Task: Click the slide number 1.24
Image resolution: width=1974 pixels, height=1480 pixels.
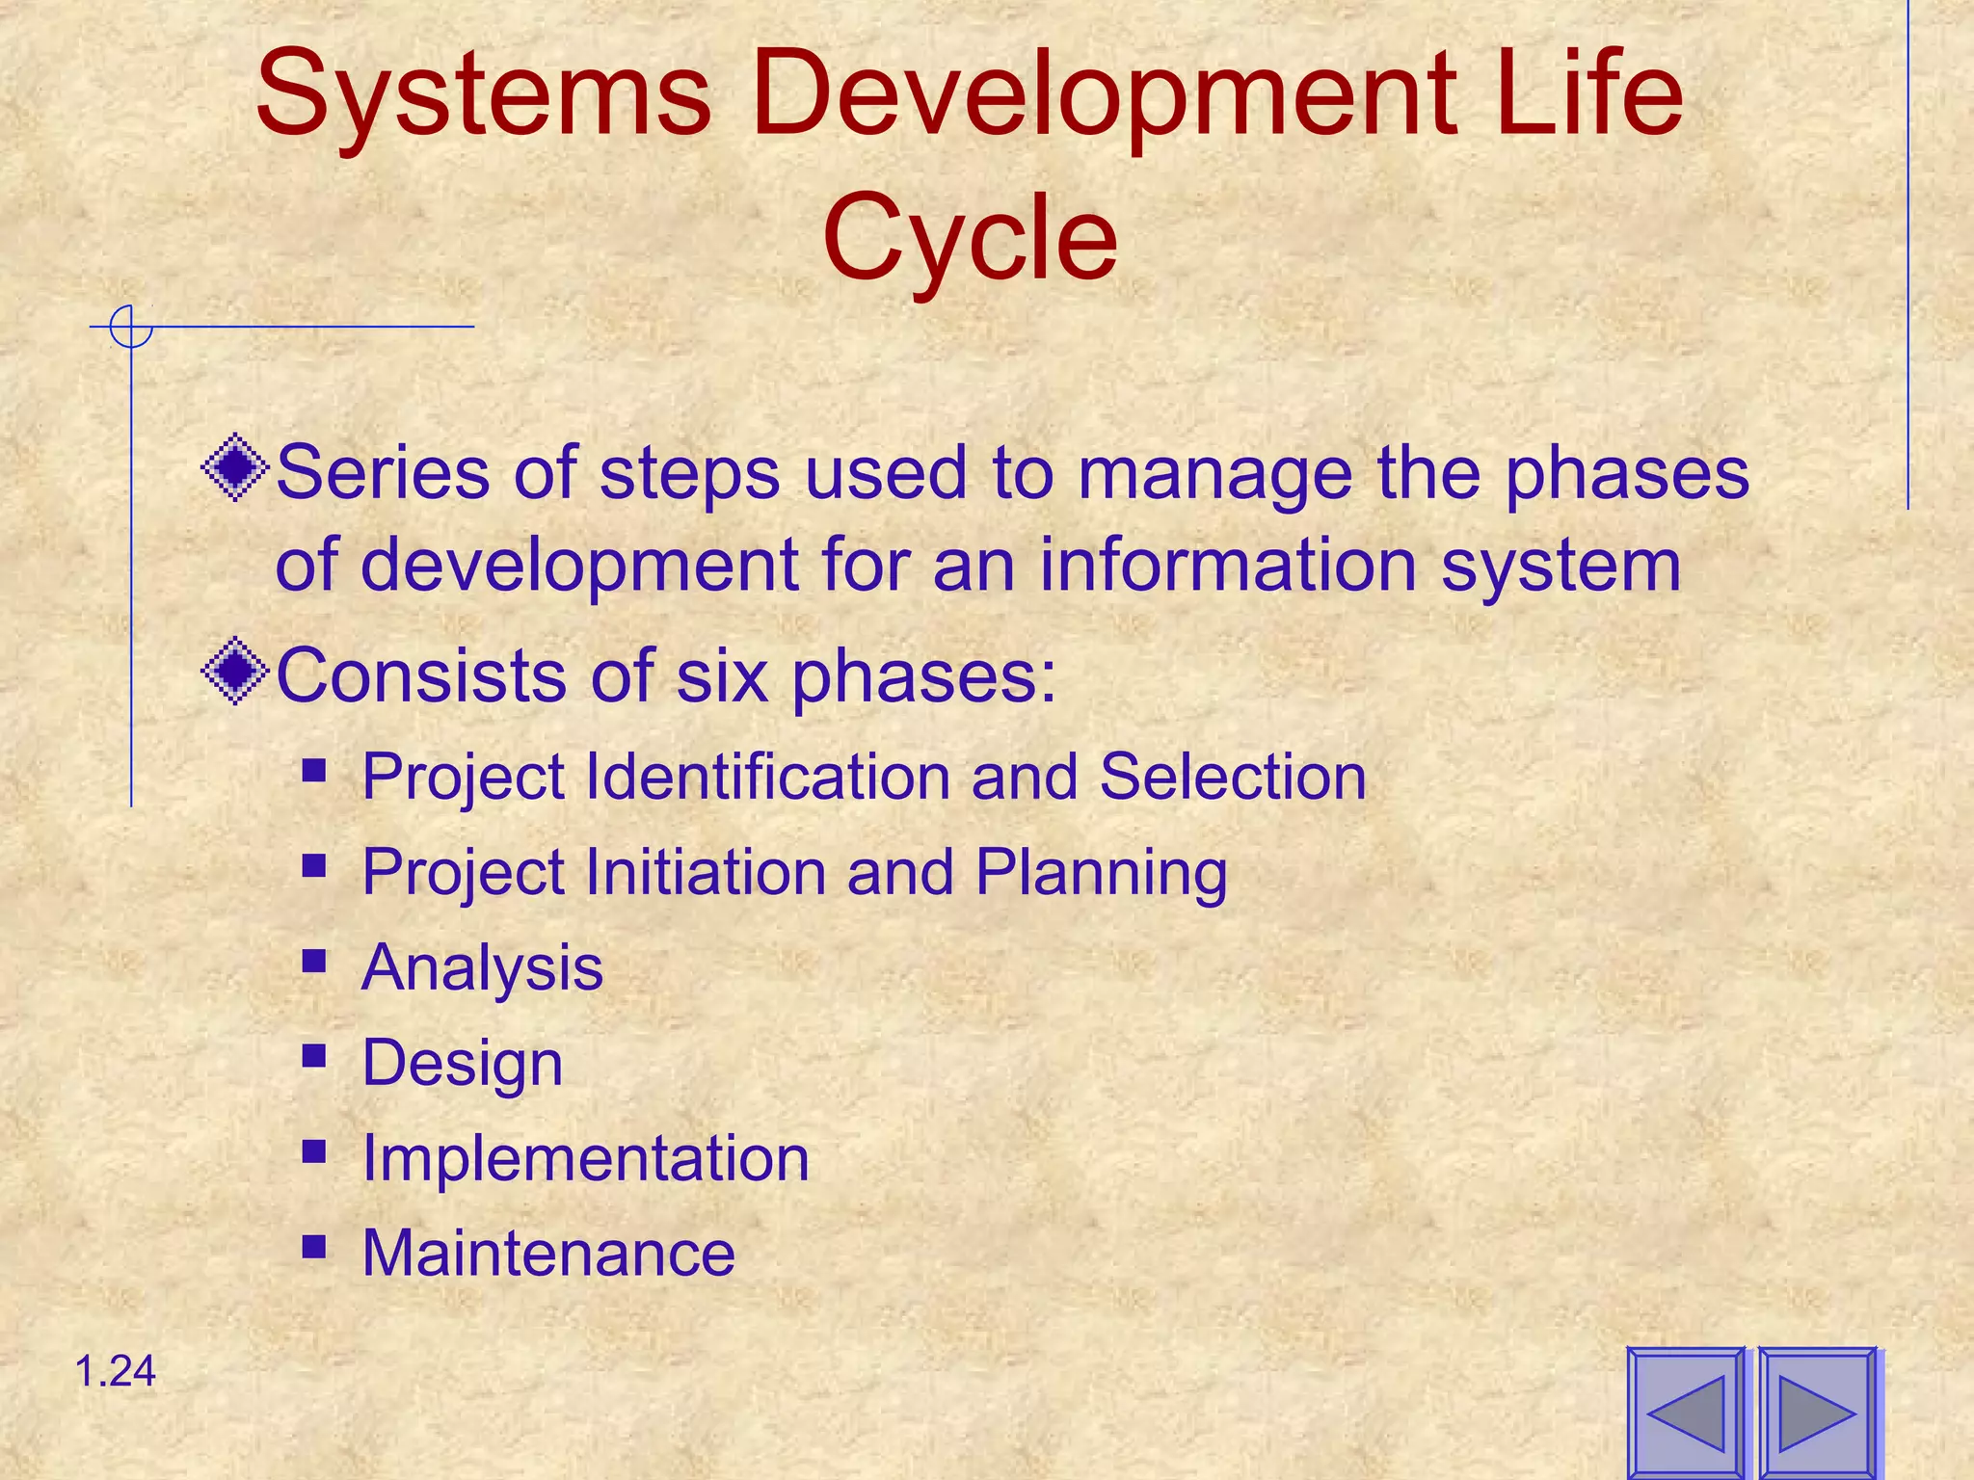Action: coord(115,1371)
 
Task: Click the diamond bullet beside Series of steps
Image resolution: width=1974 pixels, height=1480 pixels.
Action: coord(235,469)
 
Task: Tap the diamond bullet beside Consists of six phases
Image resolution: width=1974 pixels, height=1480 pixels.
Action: coord(235,672)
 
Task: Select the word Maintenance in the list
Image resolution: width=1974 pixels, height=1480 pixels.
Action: coord(548,1253)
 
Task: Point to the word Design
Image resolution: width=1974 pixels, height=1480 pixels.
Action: coord(462,1063)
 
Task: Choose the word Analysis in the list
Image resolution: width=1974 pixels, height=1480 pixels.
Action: coord(482,967)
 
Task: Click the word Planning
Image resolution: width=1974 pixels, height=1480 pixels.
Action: coord(1101,872)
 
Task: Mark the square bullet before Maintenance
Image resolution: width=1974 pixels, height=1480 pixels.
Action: coord(313,1247)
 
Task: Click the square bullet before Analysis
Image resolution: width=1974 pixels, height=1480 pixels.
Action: coord(313,961)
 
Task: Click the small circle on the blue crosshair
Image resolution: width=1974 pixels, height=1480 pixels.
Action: coord(131,327)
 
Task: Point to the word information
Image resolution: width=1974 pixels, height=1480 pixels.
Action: coord(1228,565)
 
